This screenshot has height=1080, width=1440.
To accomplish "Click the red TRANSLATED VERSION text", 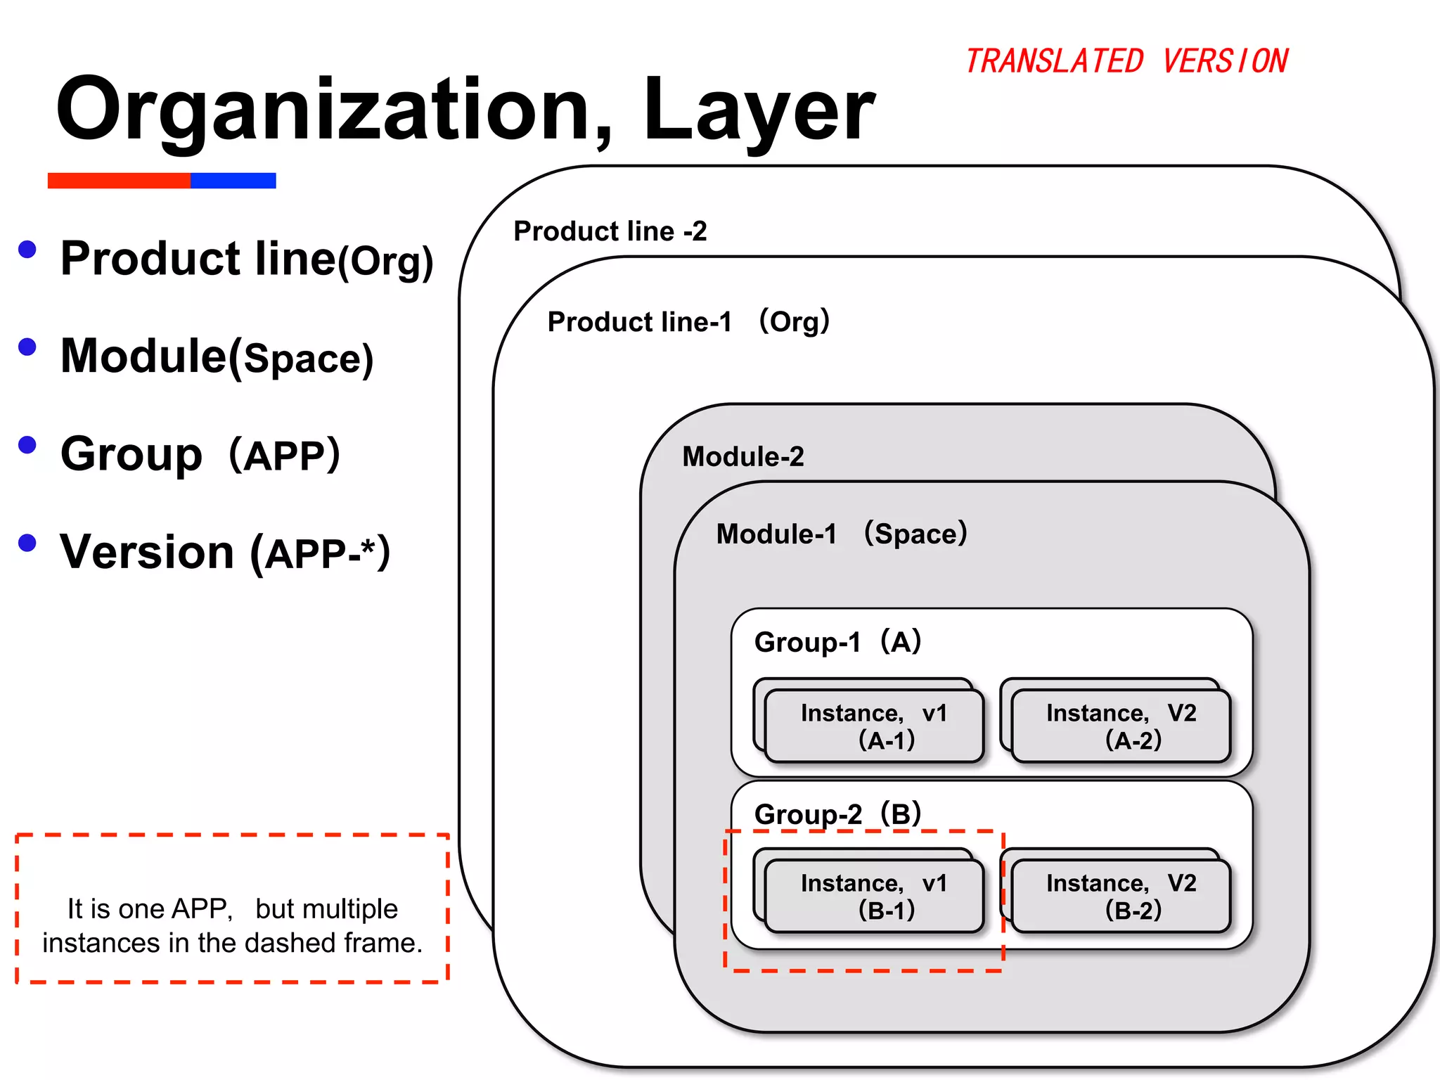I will pyautogui.click(x=1126, y=61).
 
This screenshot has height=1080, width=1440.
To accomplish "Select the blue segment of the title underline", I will pyautogui.click(x=233, y=181).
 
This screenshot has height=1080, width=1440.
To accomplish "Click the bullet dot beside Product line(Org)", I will pyautogui.click(x=27, y=250).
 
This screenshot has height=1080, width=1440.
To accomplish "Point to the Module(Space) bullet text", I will pyautogui.click(x=217, y=356).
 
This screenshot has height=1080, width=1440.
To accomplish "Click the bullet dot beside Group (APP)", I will pyautogui.click(x=27, y=445).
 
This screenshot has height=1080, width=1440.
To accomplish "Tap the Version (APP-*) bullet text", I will pyautogui.click(x=224, y=553).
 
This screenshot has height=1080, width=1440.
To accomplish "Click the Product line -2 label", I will pyautogui.click(x=610, y=231).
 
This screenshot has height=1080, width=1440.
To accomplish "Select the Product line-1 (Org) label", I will pyautogui.click(x=688, y=322).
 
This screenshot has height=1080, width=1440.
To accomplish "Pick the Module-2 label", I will pyautogui.click(x=742, y=457).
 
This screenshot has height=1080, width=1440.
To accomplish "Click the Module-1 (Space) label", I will pyautogui.click(x=841, y=534).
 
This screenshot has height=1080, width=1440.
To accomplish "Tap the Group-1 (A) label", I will pyautogui.click(x=837, y=642).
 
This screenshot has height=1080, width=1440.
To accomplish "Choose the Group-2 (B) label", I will pyautogui.click(x=837, y=814).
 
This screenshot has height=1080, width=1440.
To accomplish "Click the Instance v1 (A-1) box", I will pyautogui.click(x=873, y=726).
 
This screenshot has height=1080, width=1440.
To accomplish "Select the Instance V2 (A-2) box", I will pyautogui.click(x=1121, y=726).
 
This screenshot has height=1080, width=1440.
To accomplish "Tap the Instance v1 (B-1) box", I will pyautogui.click(x=873, y=896).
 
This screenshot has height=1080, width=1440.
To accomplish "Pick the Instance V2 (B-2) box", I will pyautogui.click(x=1121, y=896).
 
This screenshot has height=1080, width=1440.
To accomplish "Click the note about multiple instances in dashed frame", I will pyautogui.click(x=232, y=925).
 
